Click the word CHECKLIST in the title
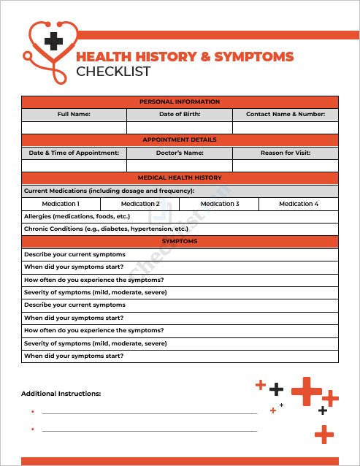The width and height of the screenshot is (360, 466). tap(113, 72)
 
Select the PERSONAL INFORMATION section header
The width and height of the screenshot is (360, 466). tap(180, 102)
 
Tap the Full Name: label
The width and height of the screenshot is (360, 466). tap(74, 115)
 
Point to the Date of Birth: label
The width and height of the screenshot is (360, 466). tap(180, 115)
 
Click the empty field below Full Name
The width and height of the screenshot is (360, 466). tap(74, 128)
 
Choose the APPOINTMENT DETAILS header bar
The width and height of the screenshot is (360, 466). tap(180, 140)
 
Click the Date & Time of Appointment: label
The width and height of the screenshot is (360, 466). tap(74, 153)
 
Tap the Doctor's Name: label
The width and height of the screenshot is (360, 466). tap(180, 153)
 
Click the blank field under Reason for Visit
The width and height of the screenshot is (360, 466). tap(286, 166)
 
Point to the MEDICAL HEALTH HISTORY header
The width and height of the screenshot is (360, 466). tap(180, 178)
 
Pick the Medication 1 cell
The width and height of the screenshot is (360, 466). tap(61, 204)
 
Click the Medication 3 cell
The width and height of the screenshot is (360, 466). tap(219, 204)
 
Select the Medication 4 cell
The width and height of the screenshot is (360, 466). tap(299, 204)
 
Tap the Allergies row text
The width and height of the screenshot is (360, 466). tap(77, 217)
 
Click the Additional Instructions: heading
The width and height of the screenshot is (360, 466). tap(61, 394)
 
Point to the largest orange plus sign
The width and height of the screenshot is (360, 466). tap(307, 391)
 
